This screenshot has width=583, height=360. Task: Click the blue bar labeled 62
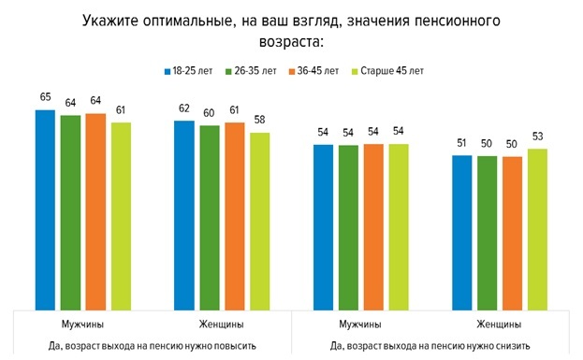[183, 215]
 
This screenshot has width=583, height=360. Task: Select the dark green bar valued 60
[209, 217]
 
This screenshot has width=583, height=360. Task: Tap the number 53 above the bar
[538, 137]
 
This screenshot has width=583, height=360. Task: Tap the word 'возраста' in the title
[290, 42]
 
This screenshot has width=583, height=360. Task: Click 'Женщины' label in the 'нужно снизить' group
[500, 324]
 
